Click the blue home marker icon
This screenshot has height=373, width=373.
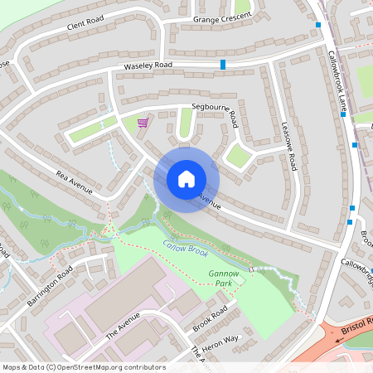pos(186,178)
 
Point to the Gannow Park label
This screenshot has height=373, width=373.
pos(223,277)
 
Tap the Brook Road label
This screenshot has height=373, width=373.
pos(209,317)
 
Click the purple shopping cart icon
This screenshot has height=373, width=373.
pos(143,123)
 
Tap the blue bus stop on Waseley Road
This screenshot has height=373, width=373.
pos(223,64)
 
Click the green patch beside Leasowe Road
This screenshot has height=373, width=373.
pos(240,155)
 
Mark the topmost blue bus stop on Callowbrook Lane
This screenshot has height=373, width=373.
pos(318,25)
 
